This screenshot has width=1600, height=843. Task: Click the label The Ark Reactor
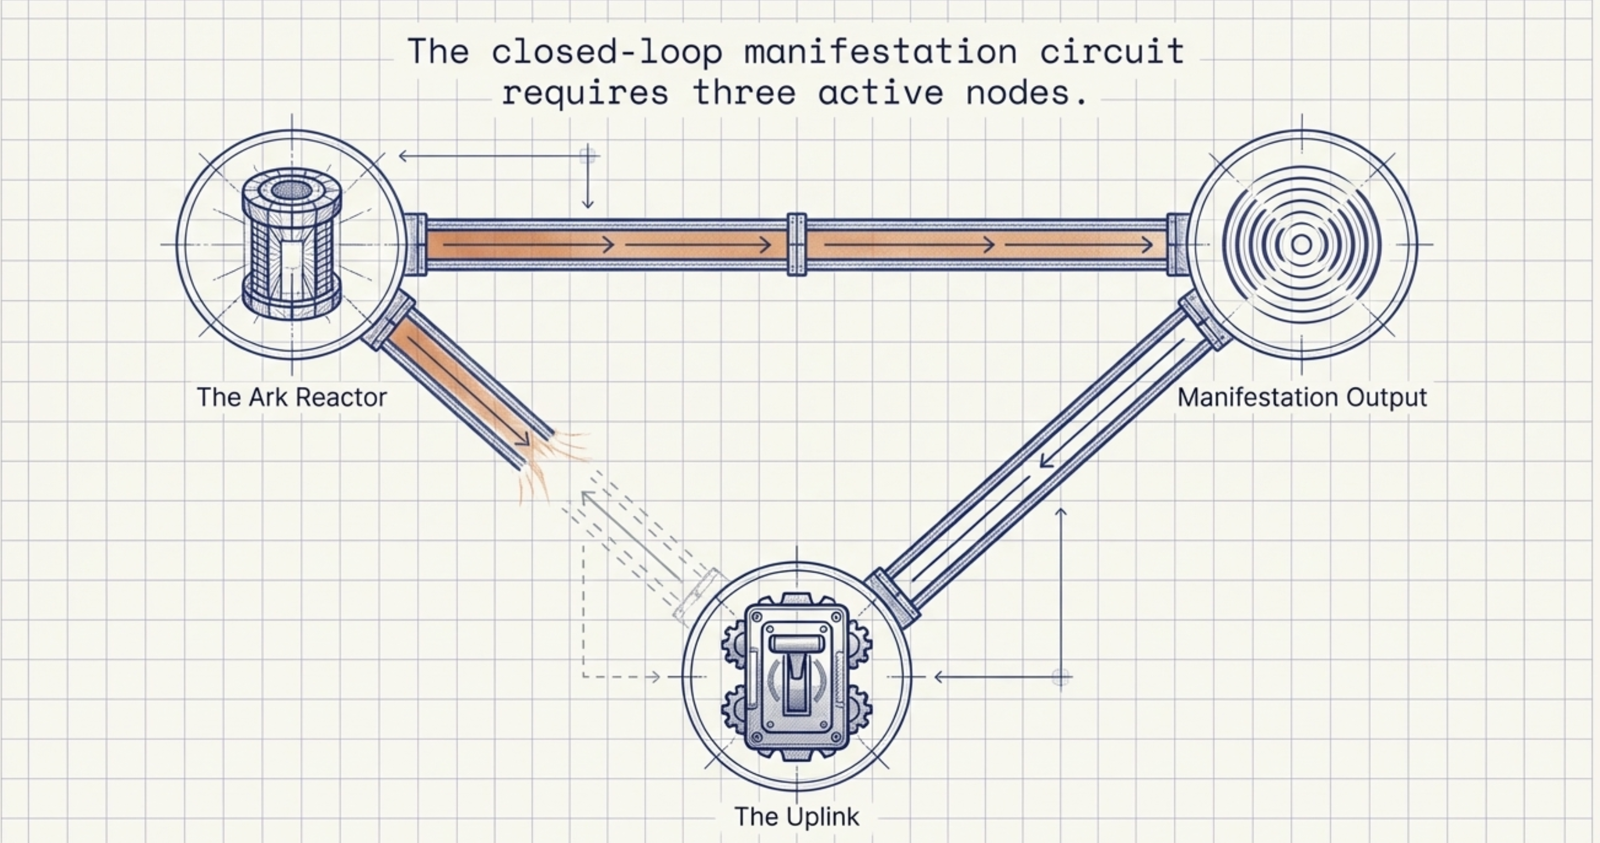coord(291,397)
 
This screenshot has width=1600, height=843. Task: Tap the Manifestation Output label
coord(1302,397)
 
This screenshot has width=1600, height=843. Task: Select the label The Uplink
coord(796,816)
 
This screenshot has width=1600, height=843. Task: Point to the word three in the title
coord(744,93)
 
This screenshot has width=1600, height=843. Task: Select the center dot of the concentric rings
coord(1302,245)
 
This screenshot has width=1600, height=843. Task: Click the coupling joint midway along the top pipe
coord(796,245)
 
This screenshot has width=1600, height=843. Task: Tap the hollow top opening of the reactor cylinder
coord(290,189)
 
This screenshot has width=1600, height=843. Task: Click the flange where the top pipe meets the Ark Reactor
coord(415,245)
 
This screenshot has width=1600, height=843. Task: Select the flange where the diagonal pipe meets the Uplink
coord(893,595)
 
